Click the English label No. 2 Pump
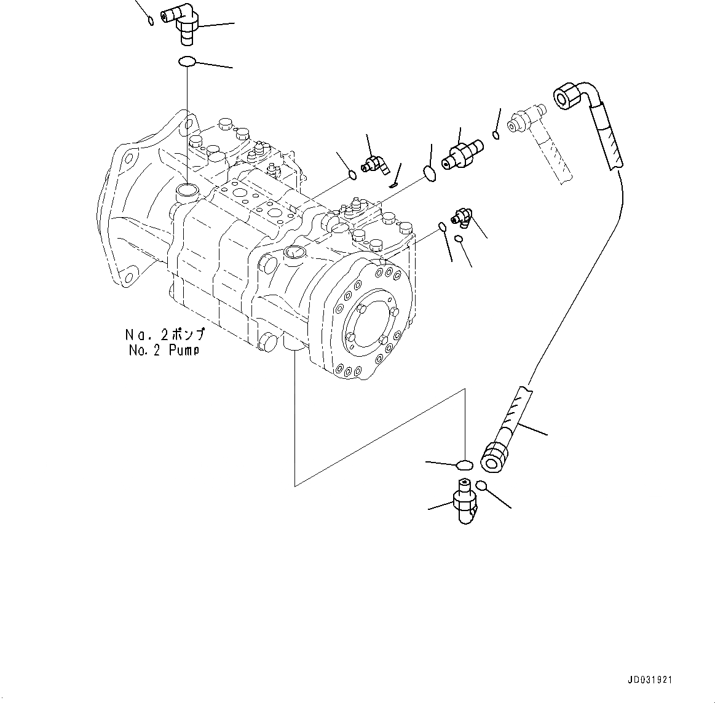click(x=164, y=351)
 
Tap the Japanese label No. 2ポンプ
click(x=164, y=336)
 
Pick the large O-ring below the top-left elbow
click(x=187, y=62)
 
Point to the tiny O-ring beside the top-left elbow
click(x=151, y=22)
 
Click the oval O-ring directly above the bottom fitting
click(x=464, y=464)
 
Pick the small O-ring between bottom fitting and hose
click(x=481, y=485)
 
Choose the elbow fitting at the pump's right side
click(x=462, y=216)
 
